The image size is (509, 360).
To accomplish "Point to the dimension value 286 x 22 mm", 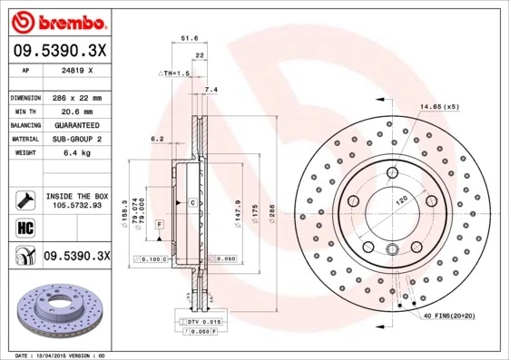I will click(x=76, y=97).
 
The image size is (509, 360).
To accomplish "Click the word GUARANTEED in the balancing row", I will click(x=75, y=124).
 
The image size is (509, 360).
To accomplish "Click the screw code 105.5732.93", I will click(x=76, y=205).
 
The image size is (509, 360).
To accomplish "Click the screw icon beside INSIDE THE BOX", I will click(x=23, y=199).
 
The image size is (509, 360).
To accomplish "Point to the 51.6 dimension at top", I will click(x=190, y=38).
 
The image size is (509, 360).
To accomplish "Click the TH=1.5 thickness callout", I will click(x=175, y=73).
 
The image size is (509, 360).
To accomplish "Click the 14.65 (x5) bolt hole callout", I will click(x=439, y=107).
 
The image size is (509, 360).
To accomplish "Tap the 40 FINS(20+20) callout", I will click(x=450, y=315).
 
